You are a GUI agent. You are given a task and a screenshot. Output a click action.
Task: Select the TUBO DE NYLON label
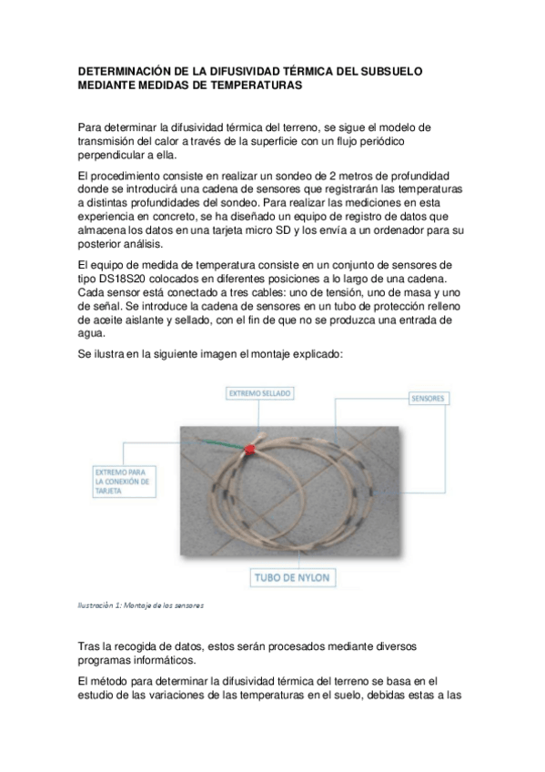[x=294, y=577]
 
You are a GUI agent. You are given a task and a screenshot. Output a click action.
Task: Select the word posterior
[x=106, y=246]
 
